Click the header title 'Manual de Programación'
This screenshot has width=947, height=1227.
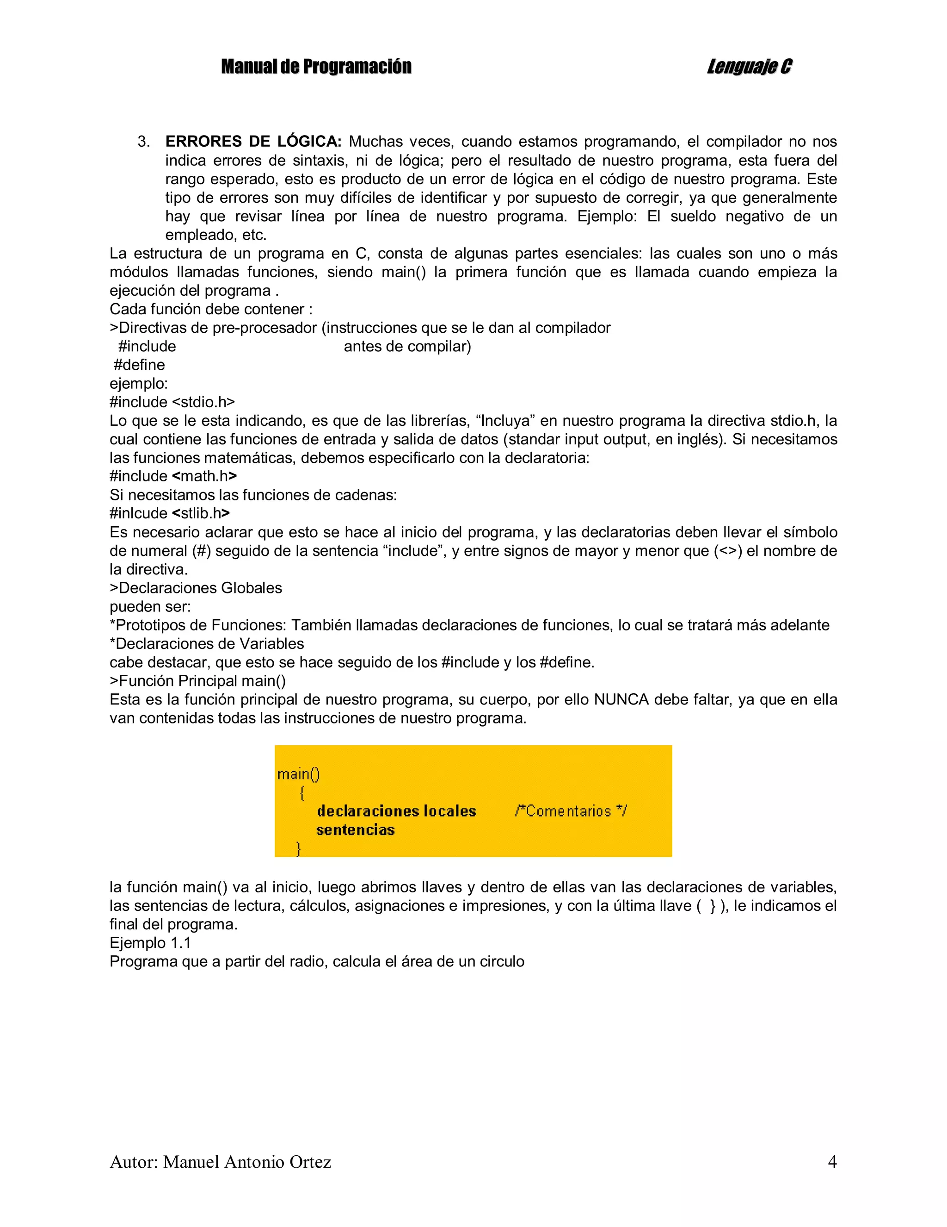[316, 66]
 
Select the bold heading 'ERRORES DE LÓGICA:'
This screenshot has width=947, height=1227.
[253, 142]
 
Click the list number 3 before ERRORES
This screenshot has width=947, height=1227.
[144, 142]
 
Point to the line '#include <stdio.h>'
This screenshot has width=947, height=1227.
[172, 402]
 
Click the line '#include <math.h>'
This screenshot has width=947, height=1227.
[173, 476]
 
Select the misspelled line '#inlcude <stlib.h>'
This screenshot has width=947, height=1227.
[170, 513]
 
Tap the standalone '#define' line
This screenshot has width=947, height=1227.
[139, 365]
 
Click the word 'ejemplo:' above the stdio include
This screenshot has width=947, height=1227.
[139, 384]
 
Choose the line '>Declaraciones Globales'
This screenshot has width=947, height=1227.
[196, 588]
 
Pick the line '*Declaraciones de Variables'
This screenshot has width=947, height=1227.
[207, 644]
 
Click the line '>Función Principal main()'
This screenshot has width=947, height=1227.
[197, 681]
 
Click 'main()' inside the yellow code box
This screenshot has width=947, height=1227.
[298, 774]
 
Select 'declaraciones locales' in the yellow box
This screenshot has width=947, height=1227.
[396, 811]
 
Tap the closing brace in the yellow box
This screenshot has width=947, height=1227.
[299, 848]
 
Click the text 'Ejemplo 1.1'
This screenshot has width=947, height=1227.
[150, 943]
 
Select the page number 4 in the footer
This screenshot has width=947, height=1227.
[832, 1162]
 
